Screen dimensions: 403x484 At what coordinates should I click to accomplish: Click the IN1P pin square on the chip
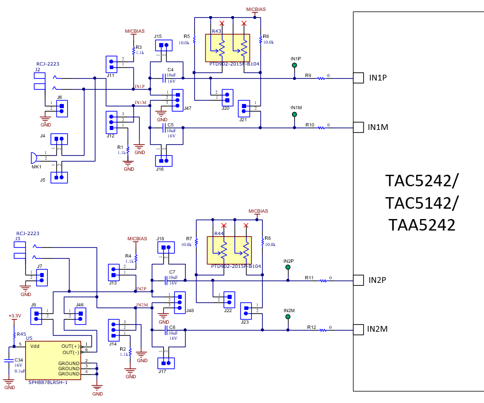point(358,78)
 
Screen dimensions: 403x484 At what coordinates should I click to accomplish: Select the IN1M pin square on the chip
point(358,127)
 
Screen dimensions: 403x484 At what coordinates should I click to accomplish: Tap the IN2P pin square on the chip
point(358,280)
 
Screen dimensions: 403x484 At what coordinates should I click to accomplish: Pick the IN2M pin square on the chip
point(358,329)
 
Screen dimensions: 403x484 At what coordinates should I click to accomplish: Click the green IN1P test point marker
point(295,66)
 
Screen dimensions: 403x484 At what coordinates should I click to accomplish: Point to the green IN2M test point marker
point(287,317)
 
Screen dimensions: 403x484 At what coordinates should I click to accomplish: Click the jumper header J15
point(163,45)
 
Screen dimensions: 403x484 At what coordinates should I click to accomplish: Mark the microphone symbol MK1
point(34,158)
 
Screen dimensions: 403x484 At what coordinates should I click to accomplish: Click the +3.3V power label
point(14,316)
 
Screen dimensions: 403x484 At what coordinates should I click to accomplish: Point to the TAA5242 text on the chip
point(421,225)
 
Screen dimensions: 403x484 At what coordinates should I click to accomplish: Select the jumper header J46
point(80,316)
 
